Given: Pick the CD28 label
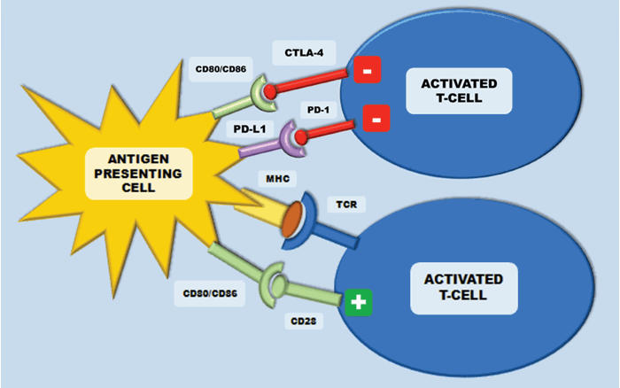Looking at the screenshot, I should coord(302,321).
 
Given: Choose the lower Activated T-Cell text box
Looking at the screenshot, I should coord(463,287).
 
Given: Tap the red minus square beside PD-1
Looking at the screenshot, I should coord(376,118).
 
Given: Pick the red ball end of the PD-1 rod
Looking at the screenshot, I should coord(303,136).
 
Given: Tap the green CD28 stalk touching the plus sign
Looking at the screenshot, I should coord(319,295).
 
